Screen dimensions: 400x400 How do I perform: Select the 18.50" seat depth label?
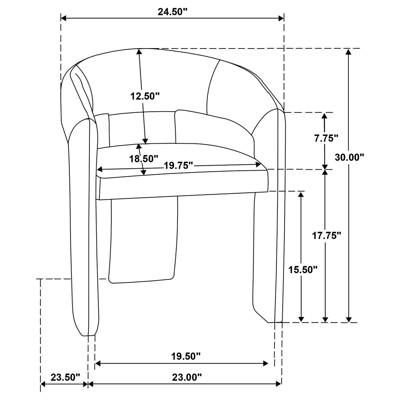(x=144, y=159)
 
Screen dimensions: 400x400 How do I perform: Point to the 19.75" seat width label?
(x=179, y=166)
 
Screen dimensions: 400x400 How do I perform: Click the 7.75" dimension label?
(x=326, y=138)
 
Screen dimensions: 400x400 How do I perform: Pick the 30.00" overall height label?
(x=350, y=157)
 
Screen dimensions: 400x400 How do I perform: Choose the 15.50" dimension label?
(x=303, y=270)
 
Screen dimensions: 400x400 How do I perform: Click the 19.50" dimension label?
(x=186, y=357)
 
